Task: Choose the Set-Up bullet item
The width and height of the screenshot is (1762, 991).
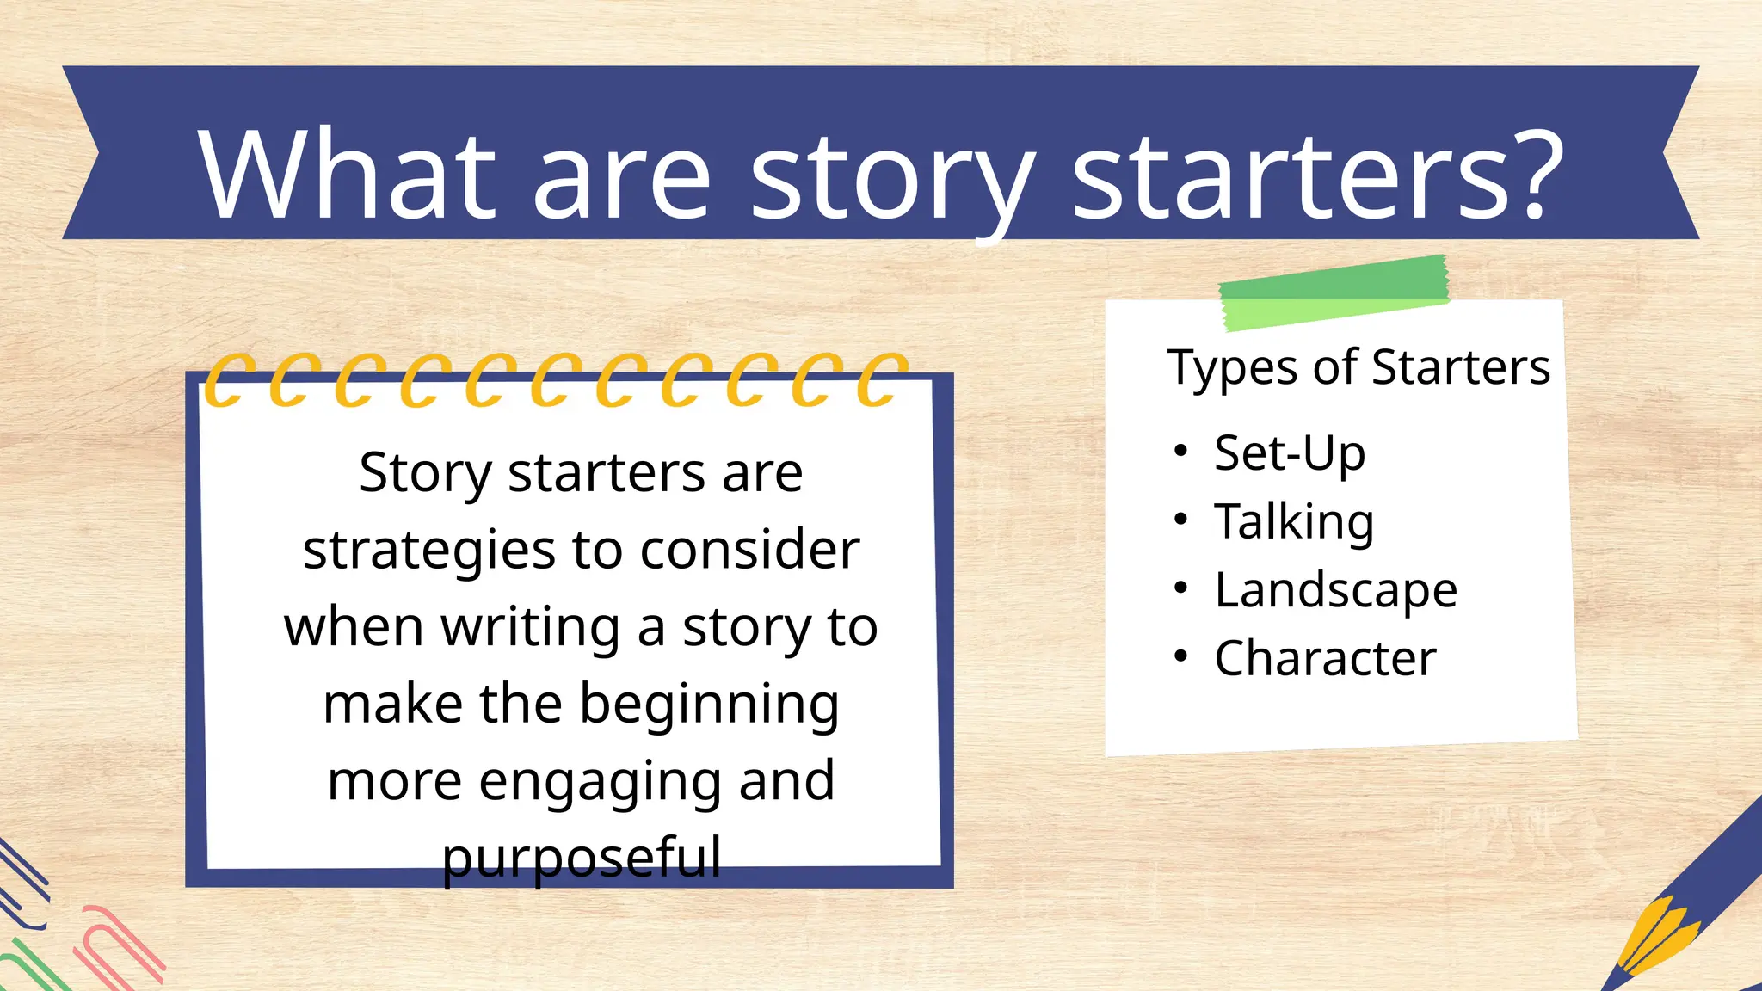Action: (x=1289, y=453)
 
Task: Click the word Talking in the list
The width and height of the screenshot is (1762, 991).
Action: (x=1293, y=522)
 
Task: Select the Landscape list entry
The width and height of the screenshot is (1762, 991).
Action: (x=1335, y=591)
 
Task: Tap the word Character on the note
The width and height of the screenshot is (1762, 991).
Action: (x=1325, y=659)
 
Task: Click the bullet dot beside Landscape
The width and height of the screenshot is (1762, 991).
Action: (x=1181, y=588)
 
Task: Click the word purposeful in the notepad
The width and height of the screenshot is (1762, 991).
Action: (x=582, y=859)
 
